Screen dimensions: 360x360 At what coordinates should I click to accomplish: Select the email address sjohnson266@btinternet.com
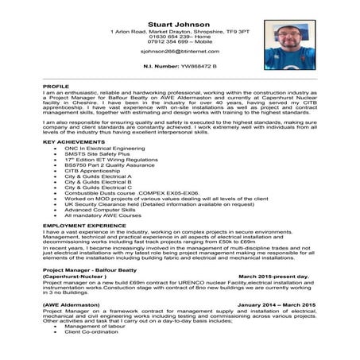pyautogui.click(x=178, y=49)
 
